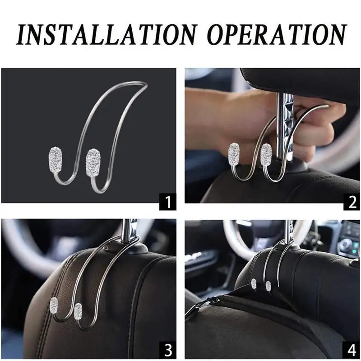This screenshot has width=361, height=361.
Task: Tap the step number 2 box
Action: point(352,203)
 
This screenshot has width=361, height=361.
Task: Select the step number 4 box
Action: point(352,350)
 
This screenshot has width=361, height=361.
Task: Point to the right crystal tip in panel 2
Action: point(266,154)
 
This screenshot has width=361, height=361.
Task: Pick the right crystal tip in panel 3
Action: point(78,310)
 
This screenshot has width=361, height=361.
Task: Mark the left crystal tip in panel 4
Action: point(254,283)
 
